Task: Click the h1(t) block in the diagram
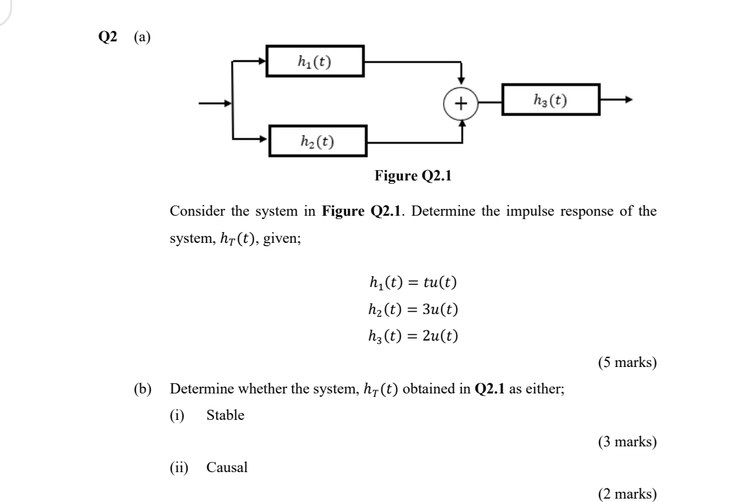[316, 62]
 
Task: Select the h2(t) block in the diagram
[318, 141]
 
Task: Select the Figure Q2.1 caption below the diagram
[413, 177]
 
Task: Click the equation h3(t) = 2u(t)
[413, 335]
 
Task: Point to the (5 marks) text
[627, 362]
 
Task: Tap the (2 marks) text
[627, 495]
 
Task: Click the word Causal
[226, 467]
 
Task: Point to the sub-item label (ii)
[179, 467]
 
